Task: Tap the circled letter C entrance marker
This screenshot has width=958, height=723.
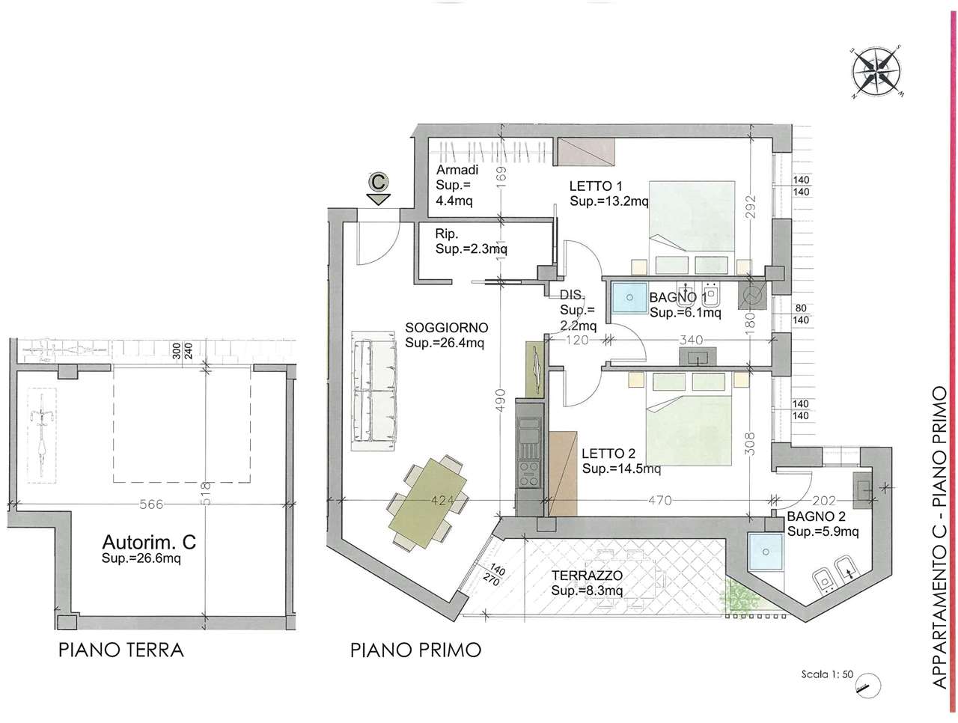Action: tap(378, 181)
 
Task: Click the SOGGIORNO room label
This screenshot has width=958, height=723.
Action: tap(447, 327)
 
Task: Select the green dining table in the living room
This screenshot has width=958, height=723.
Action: tap(427, 502)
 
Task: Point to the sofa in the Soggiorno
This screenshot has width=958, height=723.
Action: tap(374, 395)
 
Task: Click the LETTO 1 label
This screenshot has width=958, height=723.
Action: tap(595, 186)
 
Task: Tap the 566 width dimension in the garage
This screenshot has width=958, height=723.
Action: tap(151, 504)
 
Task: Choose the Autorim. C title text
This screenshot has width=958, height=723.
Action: tap(149, 542)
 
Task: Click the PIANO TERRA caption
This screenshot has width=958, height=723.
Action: tap(121, 650)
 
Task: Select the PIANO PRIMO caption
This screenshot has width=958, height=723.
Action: tap(415, 650)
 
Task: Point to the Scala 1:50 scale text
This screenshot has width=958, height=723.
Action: tap(826, 674)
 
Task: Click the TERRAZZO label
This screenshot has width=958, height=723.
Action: tap(587, 576)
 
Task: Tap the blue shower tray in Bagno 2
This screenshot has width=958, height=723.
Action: tap(766, 552)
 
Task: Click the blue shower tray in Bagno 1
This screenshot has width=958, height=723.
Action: tap(629, 297)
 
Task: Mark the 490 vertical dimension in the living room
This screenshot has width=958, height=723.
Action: tap(500, 400)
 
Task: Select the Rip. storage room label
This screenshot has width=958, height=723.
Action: tap(447, 234)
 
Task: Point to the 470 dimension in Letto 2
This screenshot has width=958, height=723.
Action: tap(659, 500)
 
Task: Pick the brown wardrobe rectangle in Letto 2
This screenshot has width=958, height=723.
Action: tap(563, 474)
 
